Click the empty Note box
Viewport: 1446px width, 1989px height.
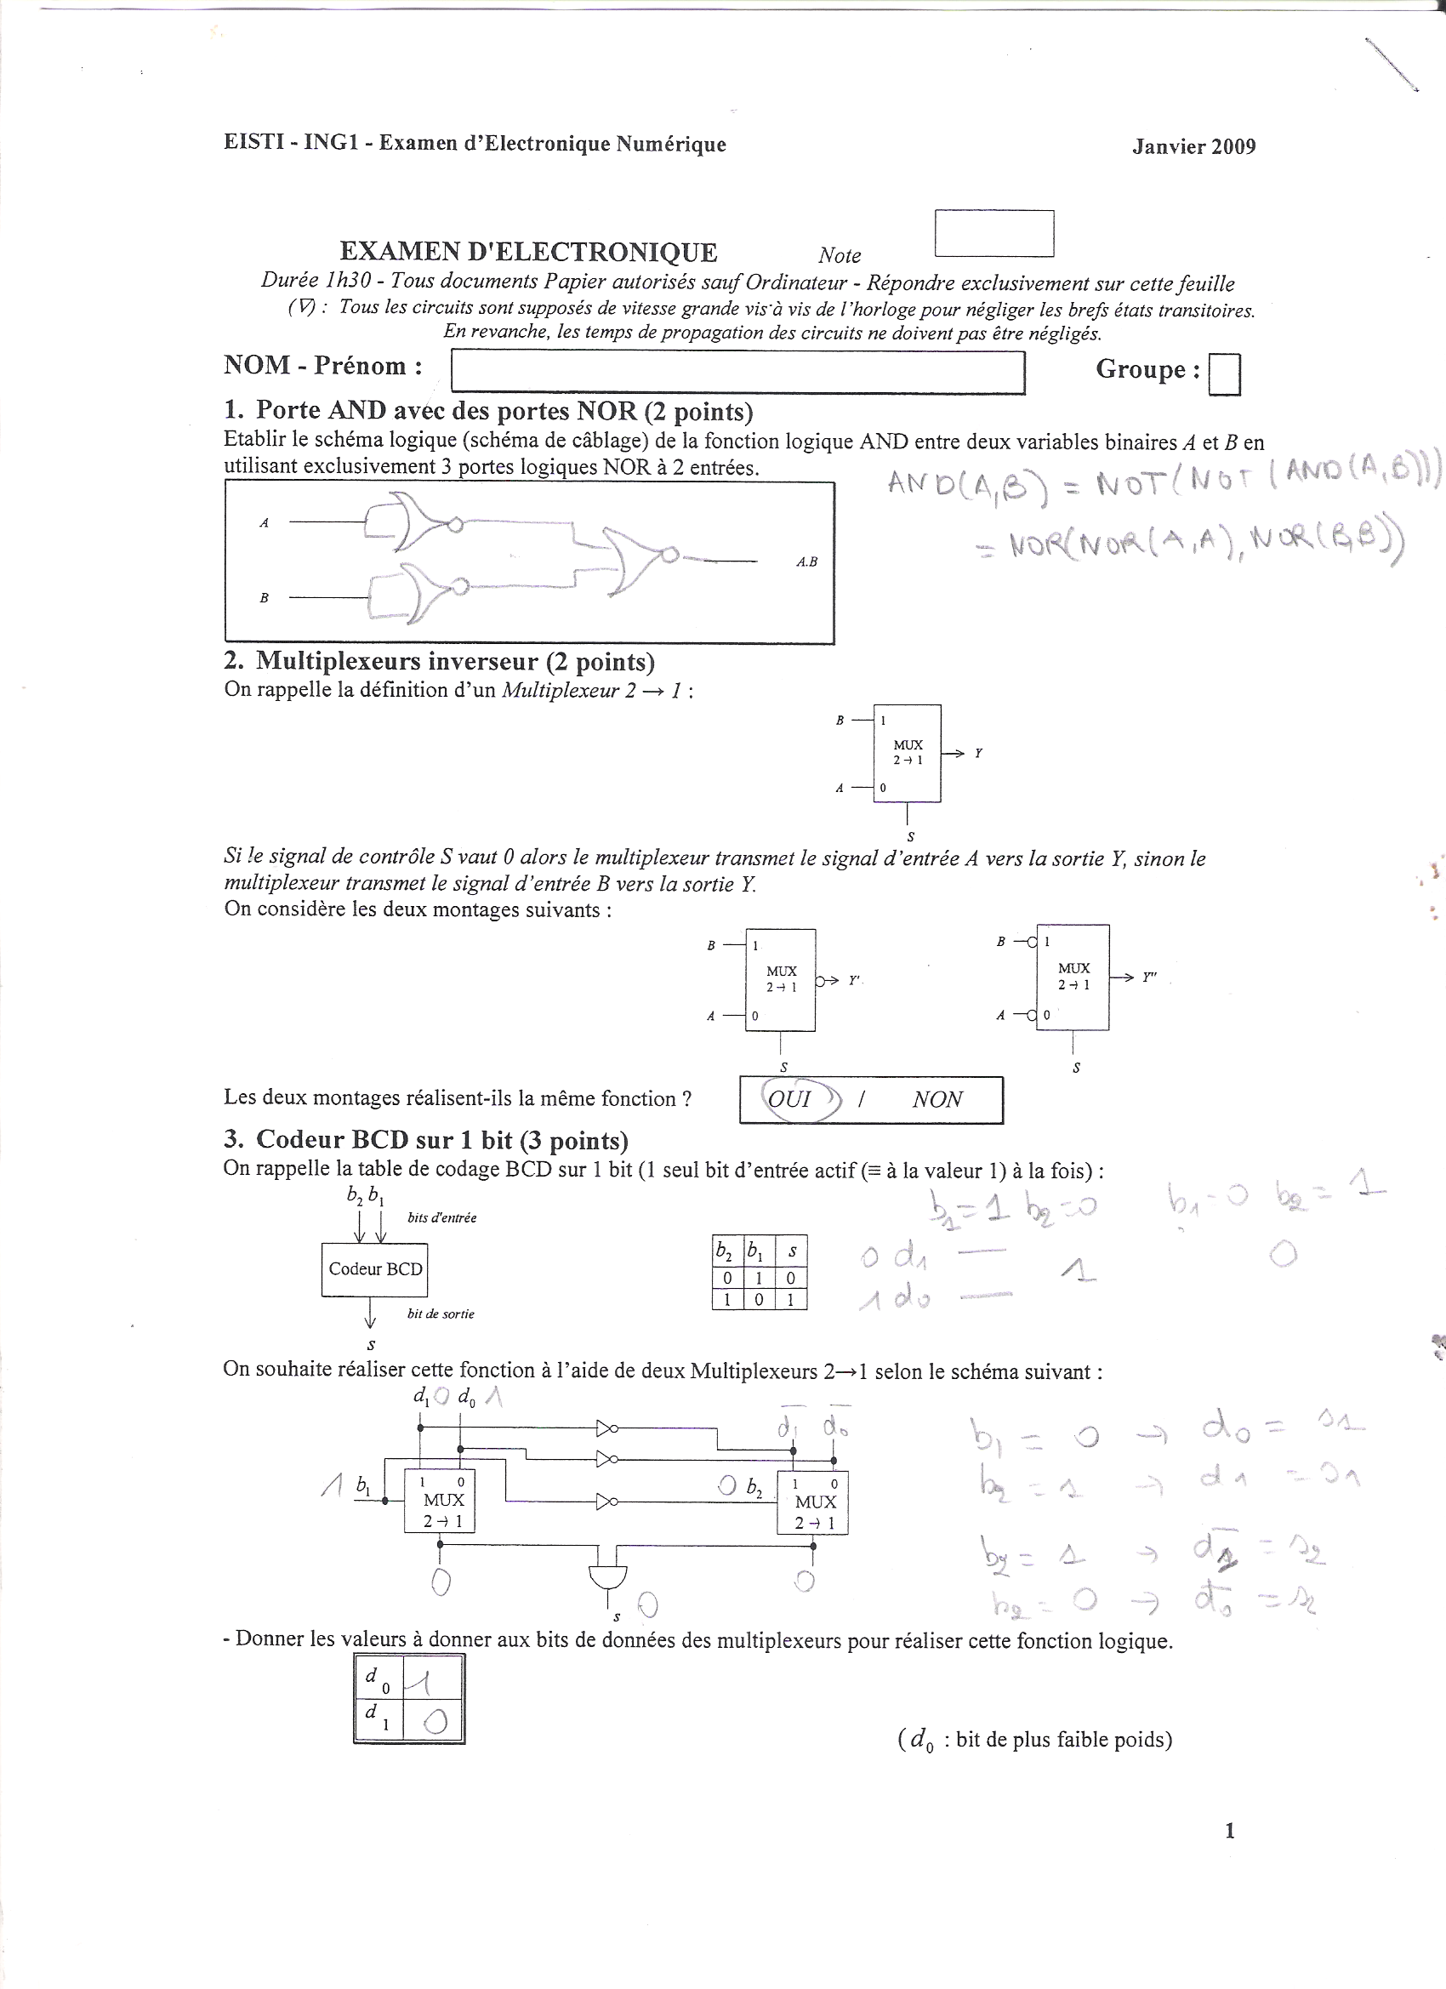click(x=993, y=233)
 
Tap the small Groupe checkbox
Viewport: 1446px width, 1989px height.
click(x=1224, y=374)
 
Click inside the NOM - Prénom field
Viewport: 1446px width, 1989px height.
click(x=737, y=372)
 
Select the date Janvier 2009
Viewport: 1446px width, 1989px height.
click(x=1193, y=146)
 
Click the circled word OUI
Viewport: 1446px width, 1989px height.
click(x=790, y=1099)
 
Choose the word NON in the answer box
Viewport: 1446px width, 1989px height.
click(x=937, y=1099)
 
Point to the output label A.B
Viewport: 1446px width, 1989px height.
click(x=806, y=561)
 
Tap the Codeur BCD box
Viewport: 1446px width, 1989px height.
click(x=375, y=1269)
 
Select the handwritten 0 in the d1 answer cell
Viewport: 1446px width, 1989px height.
click(x=436, y=1723)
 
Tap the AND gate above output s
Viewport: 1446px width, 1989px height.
click(x=607, y=1576)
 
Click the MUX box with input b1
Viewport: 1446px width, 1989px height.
click(x=439, y=1501)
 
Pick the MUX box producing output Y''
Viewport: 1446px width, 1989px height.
click(x=1073, y=976)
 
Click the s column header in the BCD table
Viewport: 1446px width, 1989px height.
click(x=792, y=1251)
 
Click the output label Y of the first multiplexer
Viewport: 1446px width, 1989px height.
click(x=979, y=754)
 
